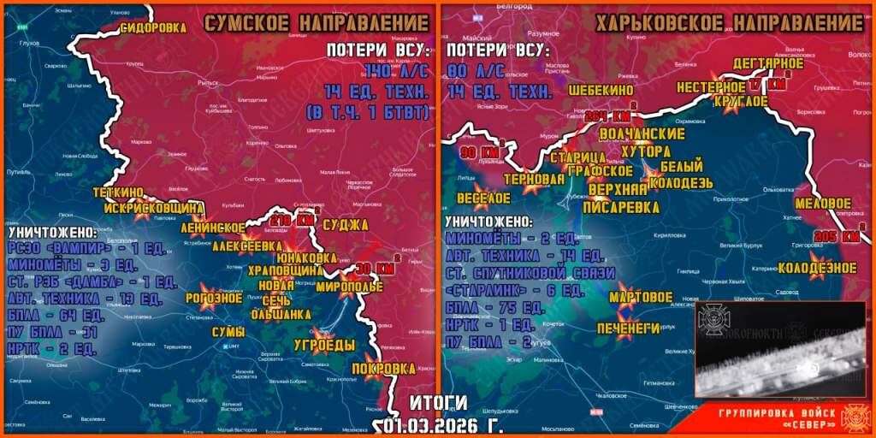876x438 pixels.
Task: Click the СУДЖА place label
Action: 345,225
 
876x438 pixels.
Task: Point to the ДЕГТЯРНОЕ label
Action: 768,64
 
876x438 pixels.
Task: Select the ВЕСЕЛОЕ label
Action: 484,198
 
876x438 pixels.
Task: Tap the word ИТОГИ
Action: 438,402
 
